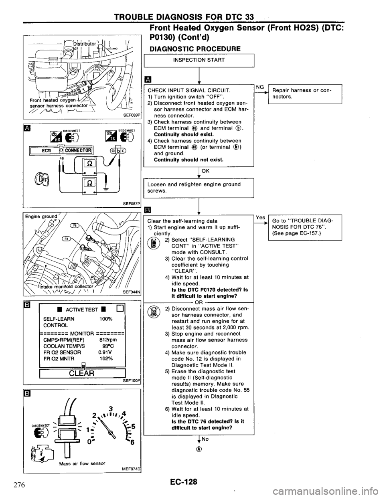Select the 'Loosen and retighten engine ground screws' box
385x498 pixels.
(199, 188)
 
